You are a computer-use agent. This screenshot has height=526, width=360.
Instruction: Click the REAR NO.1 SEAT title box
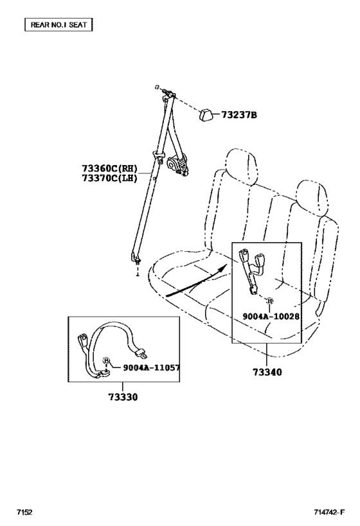pyautogui.click(x=59, y=25)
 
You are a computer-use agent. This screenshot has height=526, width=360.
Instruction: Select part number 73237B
pyautogui.click(x=239, y=115)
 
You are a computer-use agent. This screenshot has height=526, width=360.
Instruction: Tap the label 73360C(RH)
pyautogui.click(x=109, y=168)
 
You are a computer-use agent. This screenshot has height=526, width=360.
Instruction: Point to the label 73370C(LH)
pyautogui.click(x=109, y=178)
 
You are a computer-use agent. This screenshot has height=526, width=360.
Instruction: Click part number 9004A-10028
pyautogui.click(x=271, y=317)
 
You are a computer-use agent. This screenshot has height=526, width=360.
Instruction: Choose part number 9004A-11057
pyautogui.click(x=151, y=367)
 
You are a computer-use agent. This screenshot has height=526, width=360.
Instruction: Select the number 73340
pyautogui.click(x=267, y=372)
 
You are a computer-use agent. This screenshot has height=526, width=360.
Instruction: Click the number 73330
pyautogui.click(x=123, y=397)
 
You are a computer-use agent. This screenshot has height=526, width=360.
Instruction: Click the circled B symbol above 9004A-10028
pyautogui.click(x=269, y=301)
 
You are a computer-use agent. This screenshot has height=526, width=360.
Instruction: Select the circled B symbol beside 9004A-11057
pyautogui.click(x=106, y=360)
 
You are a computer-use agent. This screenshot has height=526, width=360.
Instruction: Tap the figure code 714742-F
pyautogui.click(x=329, y=513)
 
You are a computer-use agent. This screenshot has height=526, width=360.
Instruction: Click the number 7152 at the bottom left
pyautogui.click(x=24, y=513)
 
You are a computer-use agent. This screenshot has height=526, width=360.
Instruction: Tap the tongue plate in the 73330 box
pyautogui.click(x=141, y=353)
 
